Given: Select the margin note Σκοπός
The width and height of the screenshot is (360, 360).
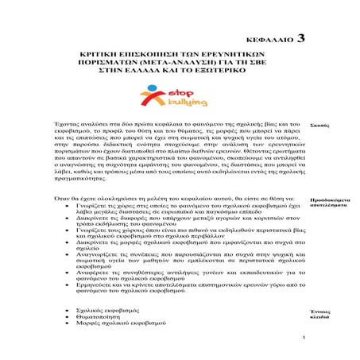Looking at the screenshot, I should pyautogui.click(x=319, y=126).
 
